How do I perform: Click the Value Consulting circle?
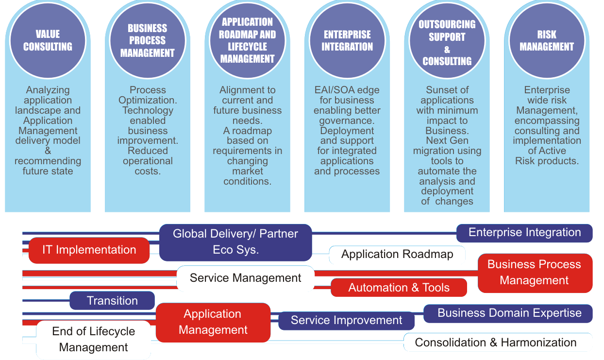click(48, 41)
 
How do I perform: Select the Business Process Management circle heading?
click(148, 41)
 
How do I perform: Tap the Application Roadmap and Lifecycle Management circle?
click(248, 41)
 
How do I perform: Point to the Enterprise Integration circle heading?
click(347, 41)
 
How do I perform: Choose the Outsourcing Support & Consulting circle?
click(447, 42)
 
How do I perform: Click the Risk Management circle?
click(547, 41)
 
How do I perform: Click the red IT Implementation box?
click(89, 250)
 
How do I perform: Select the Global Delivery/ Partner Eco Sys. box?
click(235, 242)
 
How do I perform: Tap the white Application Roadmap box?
click(397, 255)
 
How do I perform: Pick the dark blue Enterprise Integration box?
click(524, 233)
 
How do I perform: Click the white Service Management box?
click(245, 278)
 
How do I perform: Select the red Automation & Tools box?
click(399, 288)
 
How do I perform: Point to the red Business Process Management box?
click(535, 273)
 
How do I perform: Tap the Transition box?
click(112, 301)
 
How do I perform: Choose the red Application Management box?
click(213, 322)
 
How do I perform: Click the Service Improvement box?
click(346, 321)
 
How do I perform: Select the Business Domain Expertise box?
click(509, 313)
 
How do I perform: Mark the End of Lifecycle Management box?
click(94, 340)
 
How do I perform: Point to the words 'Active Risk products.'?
click(547, 156)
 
